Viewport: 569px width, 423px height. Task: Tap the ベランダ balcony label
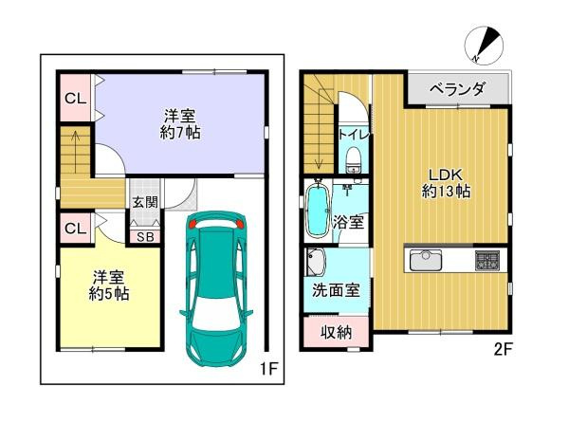coord(458,89)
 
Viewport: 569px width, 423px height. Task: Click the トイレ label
coord(355,135)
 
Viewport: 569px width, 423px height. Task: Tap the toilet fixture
coord(355,158)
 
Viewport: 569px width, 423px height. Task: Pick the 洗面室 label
coord(336,290)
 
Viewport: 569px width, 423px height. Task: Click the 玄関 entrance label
coord(144,201)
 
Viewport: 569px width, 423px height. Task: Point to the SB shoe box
coord(144,236)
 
